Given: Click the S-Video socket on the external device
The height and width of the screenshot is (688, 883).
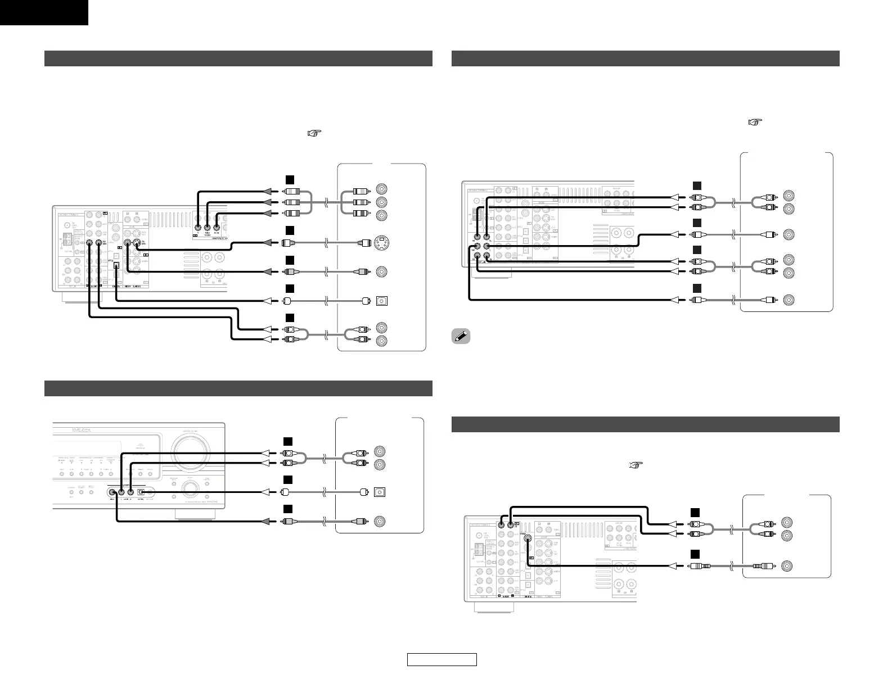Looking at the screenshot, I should coord(382,243).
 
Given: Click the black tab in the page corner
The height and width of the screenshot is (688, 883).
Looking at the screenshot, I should coord(44,12).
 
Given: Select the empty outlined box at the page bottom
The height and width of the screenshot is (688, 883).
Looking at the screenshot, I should coord(442,659).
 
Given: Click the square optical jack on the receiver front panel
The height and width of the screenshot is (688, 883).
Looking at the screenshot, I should coord(141,493).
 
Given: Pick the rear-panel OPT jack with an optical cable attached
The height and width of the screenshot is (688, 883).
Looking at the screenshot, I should coord(116,267).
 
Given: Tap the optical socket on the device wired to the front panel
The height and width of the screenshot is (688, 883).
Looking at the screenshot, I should coord(382,492).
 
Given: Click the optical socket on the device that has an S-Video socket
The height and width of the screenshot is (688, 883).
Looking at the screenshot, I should coord(382,301).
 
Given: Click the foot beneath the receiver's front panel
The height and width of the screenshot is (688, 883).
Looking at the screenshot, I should coord(195,514).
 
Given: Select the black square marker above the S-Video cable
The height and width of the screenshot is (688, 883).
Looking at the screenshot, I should coord(289,230).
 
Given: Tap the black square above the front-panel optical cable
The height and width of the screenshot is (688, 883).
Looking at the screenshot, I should coord(288,479).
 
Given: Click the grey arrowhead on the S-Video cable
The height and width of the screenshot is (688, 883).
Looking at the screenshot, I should coord(268,243).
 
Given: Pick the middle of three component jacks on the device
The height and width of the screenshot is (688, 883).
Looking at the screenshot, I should coord(382,202).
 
